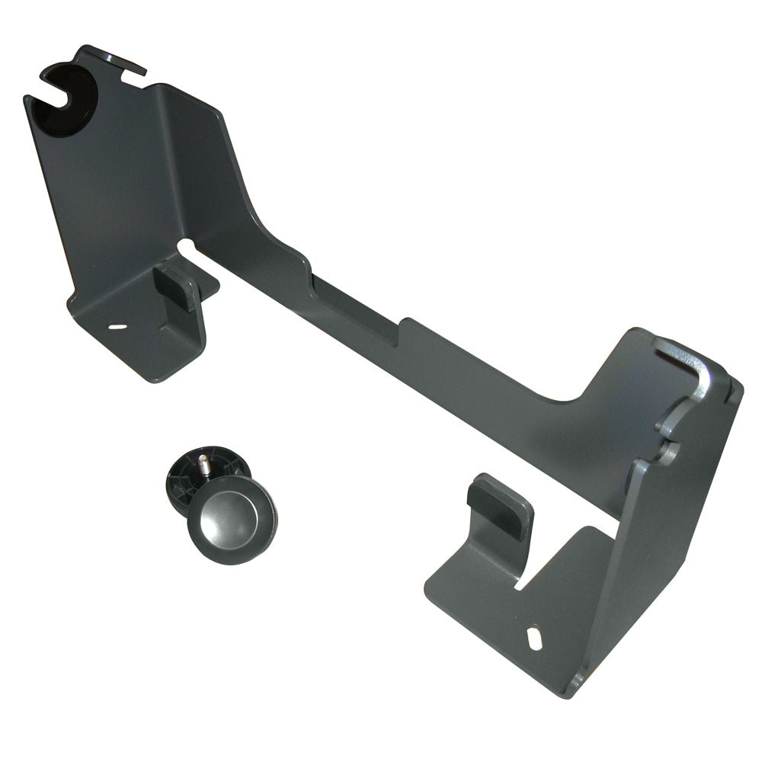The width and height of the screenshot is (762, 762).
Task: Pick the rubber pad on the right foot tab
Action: pyautogui.click(x=500, y=504)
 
